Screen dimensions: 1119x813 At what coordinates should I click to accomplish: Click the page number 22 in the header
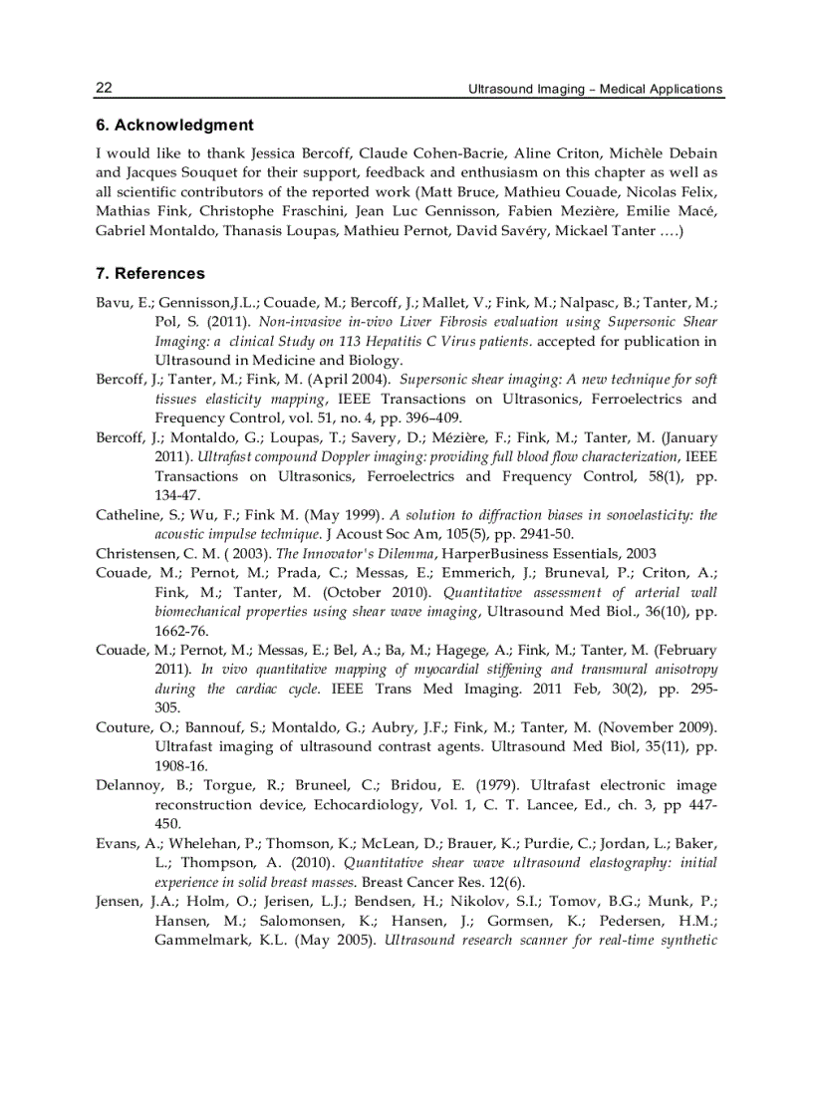coord(104,88)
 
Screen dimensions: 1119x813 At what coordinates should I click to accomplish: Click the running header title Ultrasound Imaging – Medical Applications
coord(595,89)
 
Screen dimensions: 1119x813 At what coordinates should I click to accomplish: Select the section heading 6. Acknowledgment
coord(174,126)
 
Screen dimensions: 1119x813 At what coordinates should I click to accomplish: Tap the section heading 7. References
coord(150,273)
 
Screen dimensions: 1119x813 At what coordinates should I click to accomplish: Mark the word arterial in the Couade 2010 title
coord(643,592)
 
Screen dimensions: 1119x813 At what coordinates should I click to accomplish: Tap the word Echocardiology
coord(419,804)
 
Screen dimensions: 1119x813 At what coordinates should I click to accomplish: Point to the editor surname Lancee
coord(570,804)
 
